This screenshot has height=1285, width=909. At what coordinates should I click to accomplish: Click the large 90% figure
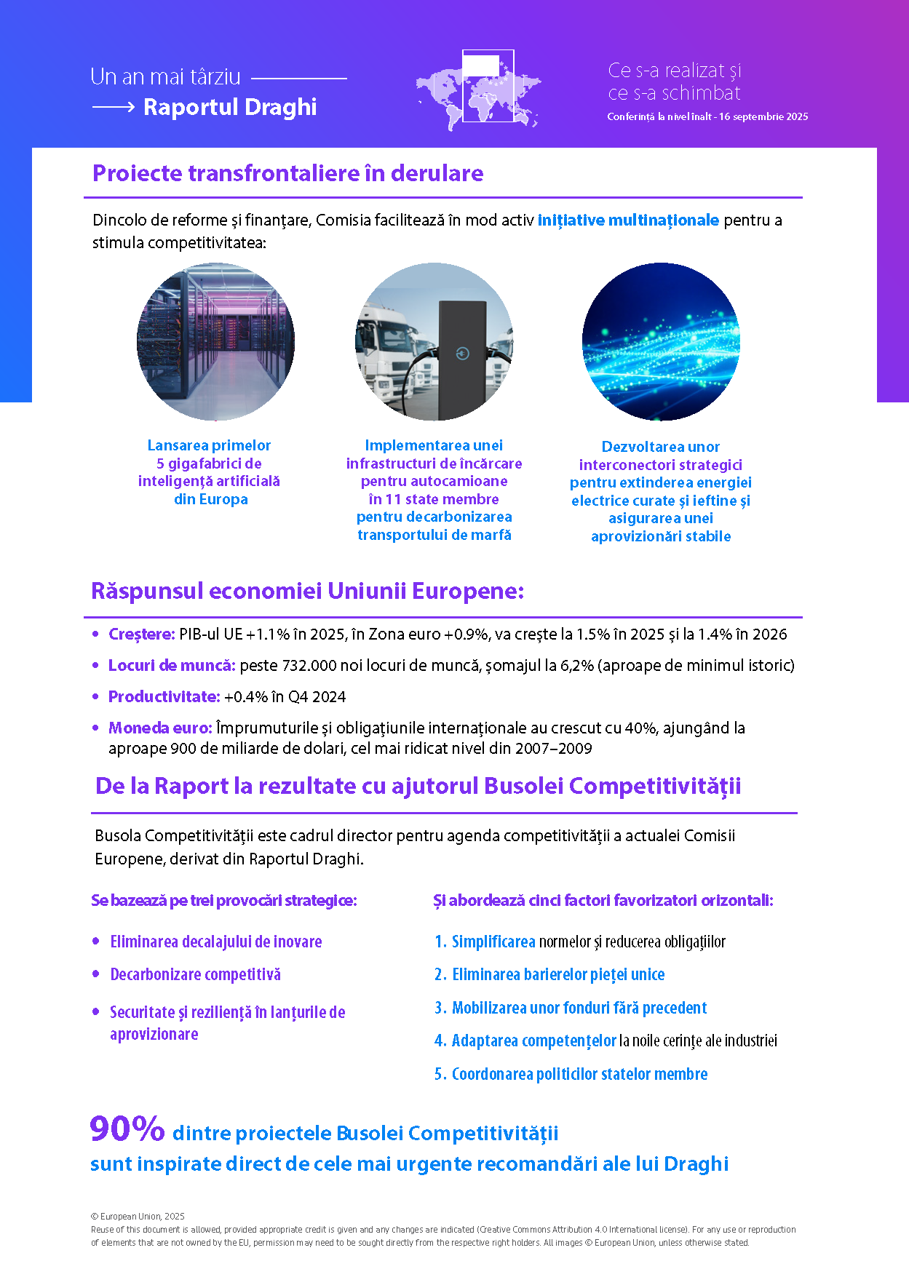point(127,1129)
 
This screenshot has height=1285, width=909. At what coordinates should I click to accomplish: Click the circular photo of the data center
point(215,341)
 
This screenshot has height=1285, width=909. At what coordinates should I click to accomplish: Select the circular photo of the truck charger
point(434,341)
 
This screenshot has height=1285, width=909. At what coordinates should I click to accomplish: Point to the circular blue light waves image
point(661,341)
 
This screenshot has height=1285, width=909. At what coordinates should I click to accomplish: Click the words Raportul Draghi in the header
point(230,107)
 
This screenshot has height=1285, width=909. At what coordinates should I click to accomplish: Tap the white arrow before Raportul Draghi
point(114,107)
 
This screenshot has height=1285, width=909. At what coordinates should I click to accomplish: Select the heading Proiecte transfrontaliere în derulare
point(287,173)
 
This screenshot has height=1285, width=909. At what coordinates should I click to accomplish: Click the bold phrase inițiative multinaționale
point(628,220)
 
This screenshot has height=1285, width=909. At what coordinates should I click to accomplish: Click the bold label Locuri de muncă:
point(172,665)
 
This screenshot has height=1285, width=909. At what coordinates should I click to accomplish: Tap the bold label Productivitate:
point(164,696)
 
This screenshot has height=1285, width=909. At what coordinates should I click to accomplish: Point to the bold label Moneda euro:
point(160,728)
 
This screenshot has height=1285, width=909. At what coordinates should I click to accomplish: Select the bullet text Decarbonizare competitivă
point(195,974)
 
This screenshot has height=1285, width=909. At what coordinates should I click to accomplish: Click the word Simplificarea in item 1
point(493,942)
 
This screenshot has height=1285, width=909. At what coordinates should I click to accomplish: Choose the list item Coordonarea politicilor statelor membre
point(579,1074)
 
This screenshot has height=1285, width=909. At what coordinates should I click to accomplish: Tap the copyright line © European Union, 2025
point(138,1216)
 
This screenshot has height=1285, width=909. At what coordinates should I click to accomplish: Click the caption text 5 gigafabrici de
point(209,464)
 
